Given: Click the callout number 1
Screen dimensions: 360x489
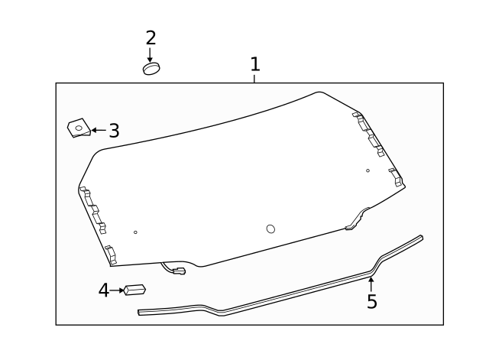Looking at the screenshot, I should coord(255,64).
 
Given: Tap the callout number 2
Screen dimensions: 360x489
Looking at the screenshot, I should coord(151,37).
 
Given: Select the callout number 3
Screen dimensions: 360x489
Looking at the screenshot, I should coord(114,131).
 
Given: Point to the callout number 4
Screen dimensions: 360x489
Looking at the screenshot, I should coord(103,290).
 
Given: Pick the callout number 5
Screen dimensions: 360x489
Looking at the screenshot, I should coord(371,302).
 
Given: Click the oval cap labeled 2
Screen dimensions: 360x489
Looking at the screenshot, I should coord(151,69).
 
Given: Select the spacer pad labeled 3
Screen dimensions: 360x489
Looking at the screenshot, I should coord(78,128).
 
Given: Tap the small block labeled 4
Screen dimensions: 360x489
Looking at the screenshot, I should coord(135,290).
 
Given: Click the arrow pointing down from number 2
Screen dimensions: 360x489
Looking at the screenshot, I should coord(151,55).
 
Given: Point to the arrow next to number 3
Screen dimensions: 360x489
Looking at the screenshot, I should coord(99,131).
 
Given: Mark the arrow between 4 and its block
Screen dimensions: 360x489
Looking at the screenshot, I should coord(117,290).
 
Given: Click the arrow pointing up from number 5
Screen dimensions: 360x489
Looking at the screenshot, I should coord(371,284).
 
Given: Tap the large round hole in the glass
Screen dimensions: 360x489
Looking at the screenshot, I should coord(270,229).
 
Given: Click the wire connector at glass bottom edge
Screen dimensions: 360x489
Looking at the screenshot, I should coord(178,270).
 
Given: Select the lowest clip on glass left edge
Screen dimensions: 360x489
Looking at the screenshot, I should coord(110,254).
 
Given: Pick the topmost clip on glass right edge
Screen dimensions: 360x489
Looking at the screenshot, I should coord(357,117).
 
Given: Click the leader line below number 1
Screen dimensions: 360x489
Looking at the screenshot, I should coord(255,78).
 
